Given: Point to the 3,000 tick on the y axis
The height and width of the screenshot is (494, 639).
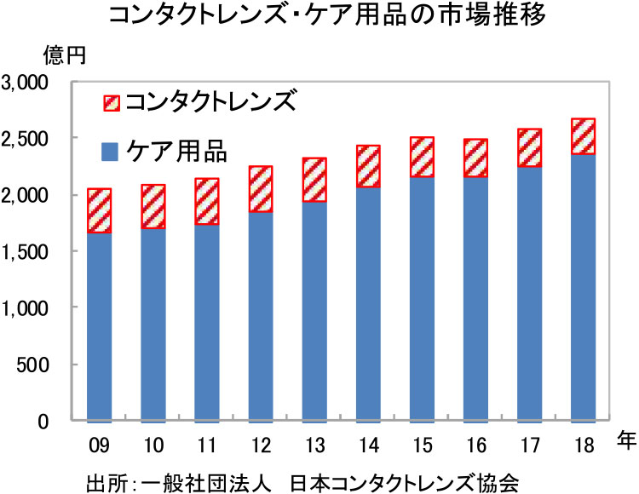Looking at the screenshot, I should point(29,83).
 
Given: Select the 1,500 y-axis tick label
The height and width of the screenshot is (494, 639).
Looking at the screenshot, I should point(29,252).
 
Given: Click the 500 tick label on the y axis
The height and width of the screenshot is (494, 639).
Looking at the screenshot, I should point(38,365).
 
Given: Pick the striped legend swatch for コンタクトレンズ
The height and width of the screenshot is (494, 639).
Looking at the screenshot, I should point(111,102).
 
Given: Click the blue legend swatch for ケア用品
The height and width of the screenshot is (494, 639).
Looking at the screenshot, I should point(111,152).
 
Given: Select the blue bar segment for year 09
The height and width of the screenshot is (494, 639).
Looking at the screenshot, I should point(100,327).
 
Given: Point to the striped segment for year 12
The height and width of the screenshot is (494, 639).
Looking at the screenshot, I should point(261,189).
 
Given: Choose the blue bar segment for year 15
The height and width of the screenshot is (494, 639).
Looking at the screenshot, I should point(422,299).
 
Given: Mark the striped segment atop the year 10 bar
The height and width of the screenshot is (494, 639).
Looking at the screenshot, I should point(153,207).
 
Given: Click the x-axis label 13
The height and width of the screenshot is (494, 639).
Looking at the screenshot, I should point(314,445).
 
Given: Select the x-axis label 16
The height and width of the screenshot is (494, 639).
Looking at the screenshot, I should point(475,445).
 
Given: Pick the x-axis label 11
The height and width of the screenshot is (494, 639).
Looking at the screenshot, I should point(207,445).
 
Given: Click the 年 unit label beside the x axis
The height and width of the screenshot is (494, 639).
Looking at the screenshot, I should point(624,439).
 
